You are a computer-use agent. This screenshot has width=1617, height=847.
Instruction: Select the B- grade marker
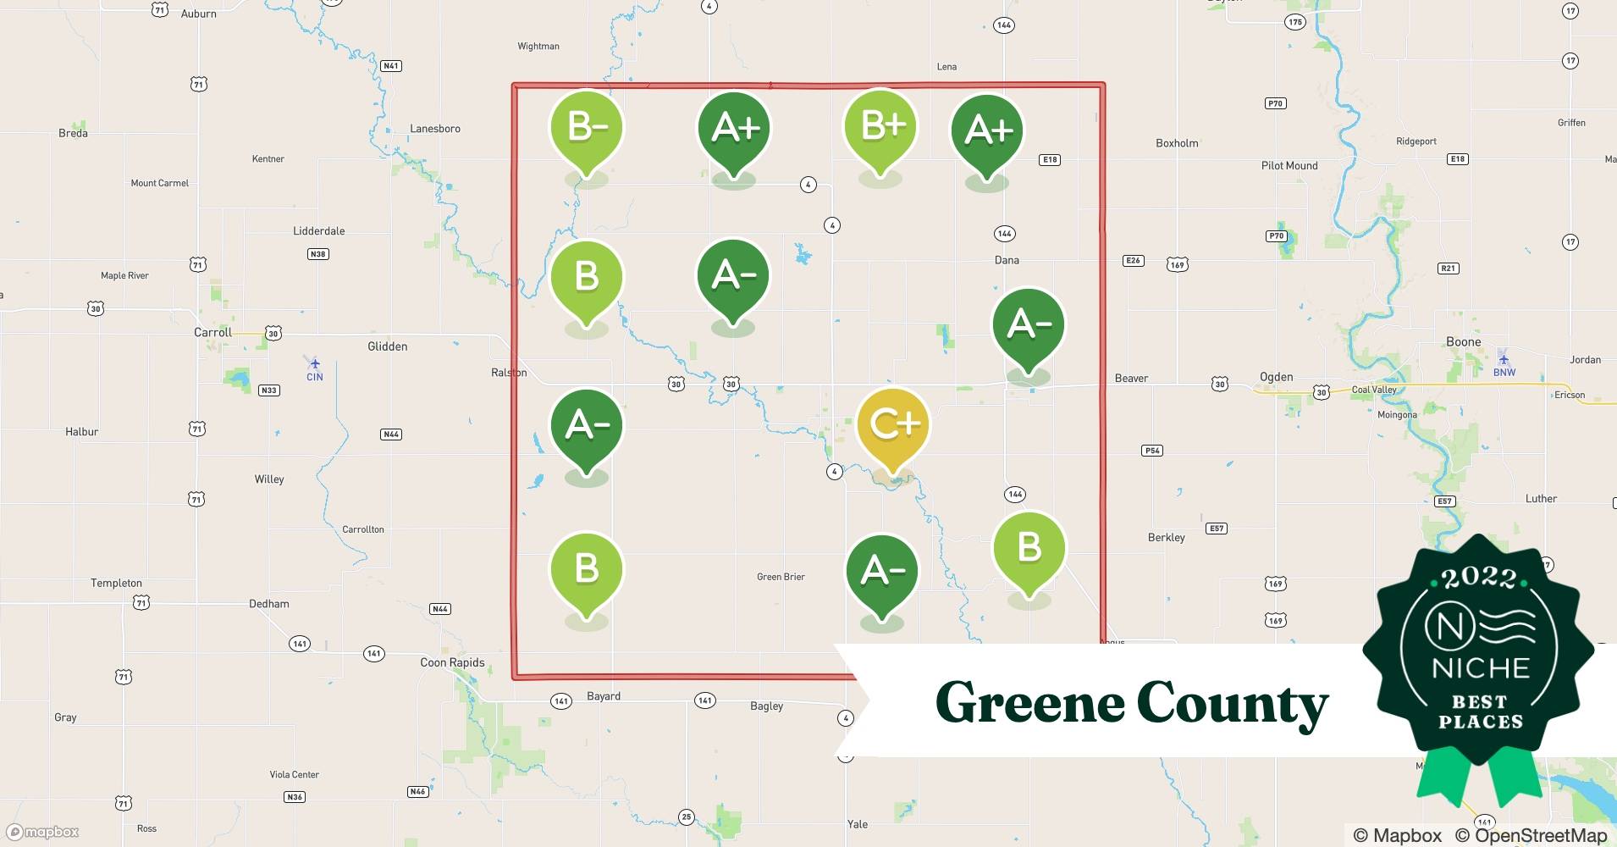click(587, 128)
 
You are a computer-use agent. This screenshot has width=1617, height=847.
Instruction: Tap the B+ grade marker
click(880, 126)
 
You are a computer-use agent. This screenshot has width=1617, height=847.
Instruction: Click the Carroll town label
click(212, 332)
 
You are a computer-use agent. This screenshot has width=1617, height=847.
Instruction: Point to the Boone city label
click(1463, 341)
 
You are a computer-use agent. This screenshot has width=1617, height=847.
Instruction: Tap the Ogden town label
click(1276, 377)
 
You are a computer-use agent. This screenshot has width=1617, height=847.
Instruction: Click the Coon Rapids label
click(452, 662)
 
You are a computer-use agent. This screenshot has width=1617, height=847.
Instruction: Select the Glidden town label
click(387, 346)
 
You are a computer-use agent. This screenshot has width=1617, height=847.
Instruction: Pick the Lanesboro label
click(435, 129)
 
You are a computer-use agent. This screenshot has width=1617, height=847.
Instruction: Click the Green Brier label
click(781, 577)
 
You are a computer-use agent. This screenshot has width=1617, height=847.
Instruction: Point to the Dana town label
click(1007, 260)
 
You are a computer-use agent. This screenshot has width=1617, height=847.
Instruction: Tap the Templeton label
click(116, 583)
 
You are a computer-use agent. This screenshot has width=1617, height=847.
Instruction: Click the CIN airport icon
click(315, 363)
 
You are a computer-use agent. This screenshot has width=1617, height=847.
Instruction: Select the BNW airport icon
click(1504, 357)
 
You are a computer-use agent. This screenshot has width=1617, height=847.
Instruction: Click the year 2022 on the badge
click(1479, 579)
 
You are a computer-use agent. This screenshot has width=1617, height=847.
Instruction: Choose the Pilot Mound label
click(1289, 165)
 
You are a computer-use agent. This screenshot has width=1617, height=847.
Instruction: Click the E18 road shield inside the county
click(1050, 159)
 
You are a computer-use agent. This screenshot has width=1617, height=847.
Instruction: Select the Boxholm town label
click(1177, 143)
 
